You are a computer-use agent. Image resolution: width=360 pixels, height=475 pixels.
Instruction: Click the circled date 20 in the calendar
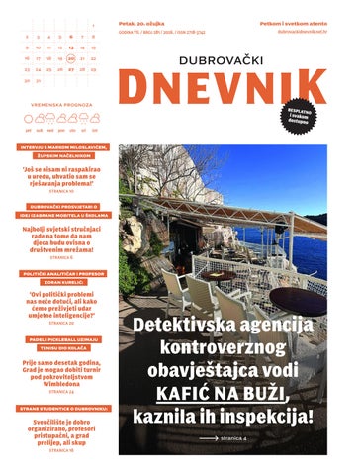tap(70, 58)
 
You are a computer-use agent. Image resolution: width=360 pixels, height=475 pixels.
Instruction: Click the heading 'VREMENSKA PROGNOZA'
tap(58, 102)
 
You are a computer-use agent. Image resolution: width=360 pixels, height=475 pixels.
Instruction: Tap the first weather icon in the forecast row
tap(28, 118)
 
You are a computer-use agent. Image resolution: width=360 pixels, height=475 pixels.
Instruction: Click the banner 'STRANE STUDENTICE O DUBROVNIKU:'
tap(58, 408)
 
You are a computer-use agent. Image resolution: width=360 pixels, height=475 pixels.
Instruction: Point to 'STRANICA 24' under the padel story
tap(58, 391)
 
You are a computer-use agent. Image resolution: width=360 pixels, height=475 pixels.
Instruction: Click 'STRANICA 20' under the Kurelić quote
tap(58, 323)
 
